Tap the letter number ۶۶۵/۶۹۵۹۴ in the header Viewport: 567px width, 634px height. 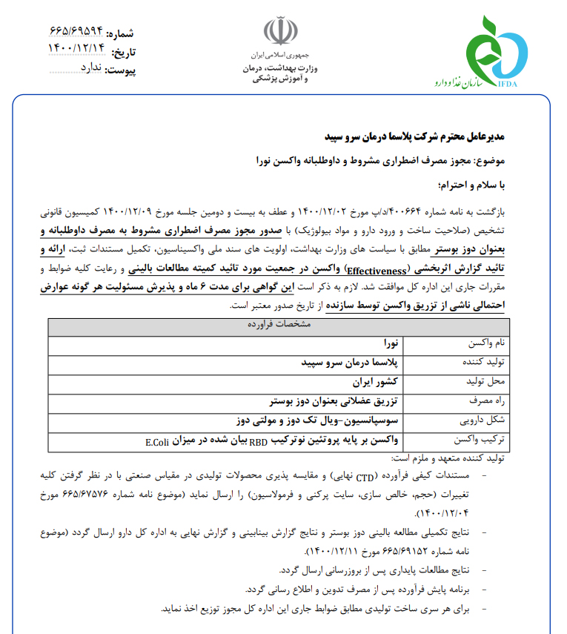click(x=77, y=33)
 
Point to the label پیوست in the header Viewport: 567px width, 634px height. click(x=119, y=70)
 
